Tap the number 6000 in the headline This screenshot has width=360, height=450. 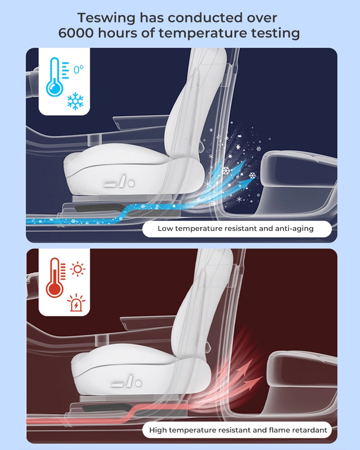pos(76,33)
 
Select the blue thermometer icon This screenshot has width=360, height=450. pos(55,77)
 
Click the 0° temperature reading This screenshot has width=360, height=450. pos(78,69)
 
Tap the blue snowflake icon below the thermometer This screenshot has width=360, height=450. pos(75,101)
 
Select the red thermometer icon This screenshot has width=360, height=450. pos(55,278)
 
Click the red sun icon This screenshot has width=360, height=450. pos(77,269)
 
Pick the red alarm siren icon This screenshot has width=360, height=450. pos(76,302)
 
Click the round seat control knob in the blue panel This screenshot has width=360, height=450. pos(131,183)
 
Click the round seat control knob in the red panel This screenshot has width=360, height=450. pos(138,383)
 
